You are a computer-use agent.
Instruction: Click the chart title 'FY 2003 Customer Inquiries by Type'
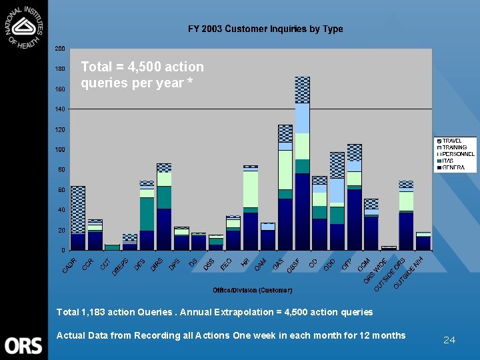click(265, 29)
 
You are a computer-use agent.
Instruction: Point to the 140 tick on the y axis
click(60, 109)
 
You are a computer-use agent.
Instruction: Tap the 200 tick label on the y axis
click(60, 49)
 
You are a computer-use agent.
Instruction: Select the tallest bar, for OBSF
click(302, 167)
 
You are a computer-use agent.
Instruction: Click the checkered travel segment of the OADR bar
click(78, 209)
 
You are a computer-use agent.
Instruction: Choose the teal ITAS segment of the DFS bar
click(147, 213)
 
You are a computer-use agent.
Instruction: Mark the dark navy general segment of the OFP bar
click(354, 219)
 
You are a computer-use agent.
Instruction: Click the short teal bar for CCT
click(112, 247)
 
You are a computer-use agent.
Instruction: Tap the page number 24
click(449, 340)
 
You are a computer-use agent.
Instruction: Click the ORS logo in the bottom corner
click(23, 345)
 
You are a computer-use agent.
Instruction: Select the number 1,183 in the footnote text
click(89, 312)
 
